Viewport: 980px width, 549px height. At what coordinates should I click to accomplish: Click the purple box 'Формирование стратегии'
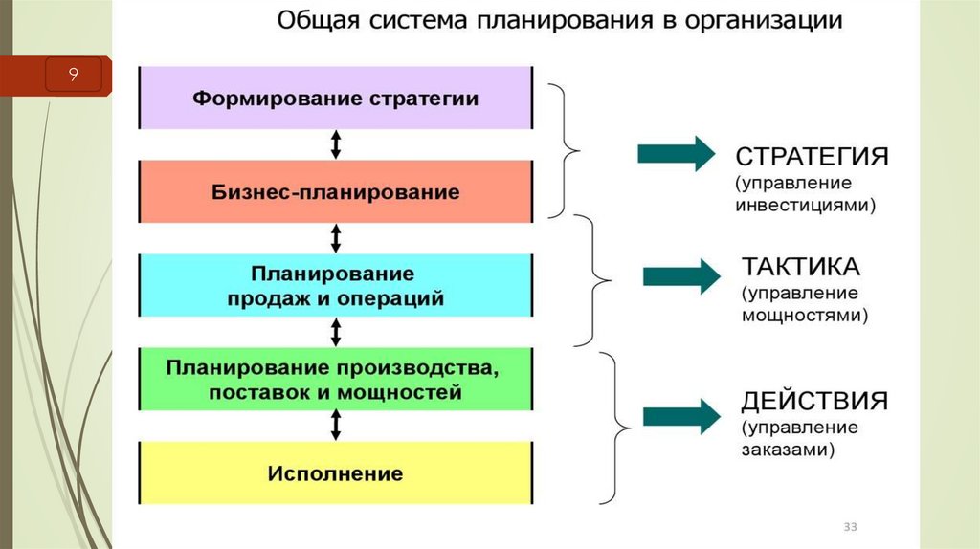pyautogui.click(x=336, y=98)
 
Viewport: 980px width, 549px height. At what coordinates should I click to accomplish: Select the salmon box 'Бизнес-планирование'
pyautogui.click(x=336, y=191)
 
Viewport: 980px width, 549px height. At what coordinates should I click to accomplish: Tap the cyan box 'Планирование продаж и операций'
pyautogui.click(x=336, y=285)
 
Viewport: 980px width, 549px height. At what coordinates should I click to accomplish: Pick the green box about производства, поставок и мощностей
pyautogui.click(x=336, y=379)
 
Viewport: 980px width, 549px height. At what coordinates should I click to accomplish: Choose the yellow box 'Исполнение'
pyautogui.click(x=336, y=472)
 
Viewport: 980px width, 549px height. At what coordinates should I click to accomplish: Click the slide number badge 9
pyautogui.click(x=72, y=75)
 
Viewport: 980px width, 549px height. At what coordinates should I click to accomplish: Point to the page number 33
pyautogui.click(x=850, y=528)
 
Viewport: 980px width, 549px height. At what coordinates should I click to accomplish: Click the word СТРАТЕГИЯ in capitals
pyautogui.click(x=812, y=157)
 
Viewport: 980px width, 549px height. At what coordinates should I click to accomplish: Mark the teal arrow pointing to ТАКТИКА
pyautogui.click(x=680, y=275)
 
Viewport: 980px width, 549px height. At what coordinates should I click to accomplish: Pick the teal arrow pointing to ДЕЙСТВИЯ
pyautogui.click(x=680, y=416)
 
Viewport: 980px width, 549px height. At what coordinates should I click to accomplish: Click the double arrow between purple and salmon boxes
pyautogui.click(x=336, y=144)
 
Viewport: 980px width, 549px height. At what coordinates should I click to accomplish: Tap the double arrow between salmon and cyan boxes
pyautogui.click(x=336, y=238)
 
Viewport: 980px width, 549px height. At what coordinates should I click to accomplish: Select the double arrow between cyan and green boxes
pyautogui.click(x=336, y=332)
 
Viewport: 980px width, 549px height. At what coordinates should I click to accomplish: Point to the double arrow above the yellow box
pyautogui.click(x=336, y=426)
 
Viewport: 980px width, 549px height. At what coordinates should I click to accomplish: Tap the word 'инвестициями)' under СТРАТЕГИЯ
pyautogui.click(x=807, y=206)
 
